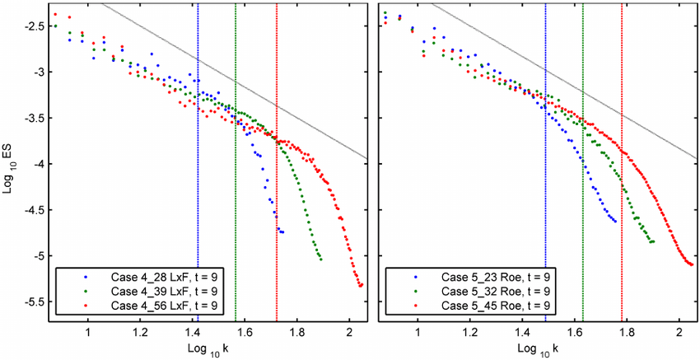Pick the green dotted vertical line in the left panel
coord(236,206)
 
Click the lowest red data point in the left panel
coord(362,285)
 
